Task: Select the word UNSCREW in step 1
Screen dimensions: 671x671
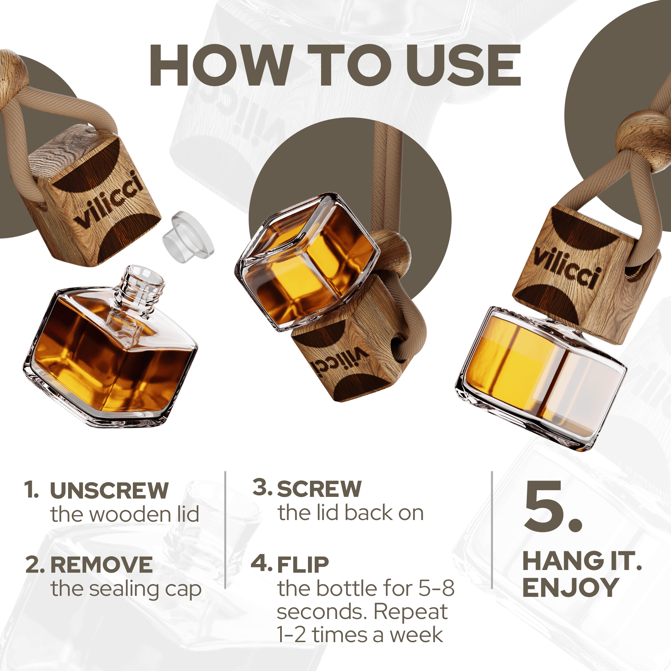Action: click(x=109, y=491)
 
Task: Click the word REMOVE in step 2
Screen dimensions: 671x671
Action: click(x=101, y=565)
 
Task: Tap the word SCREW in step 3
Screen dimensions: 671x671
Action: click(x=319, y=489)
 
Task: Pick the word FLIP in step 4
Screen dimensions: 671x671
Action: click(x=303, y=565)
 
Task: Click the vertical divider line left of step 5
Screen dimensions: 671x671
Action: click(x=492, y=535)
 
